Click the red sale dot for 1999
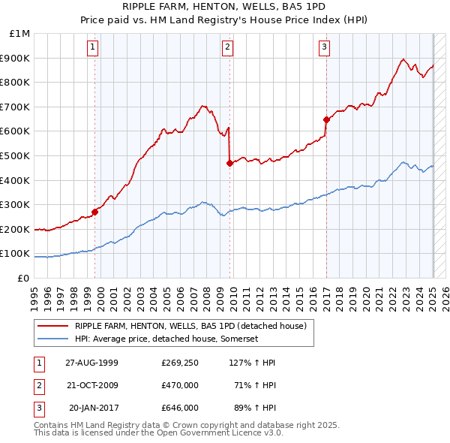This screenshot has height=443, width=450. click(x=95, y=212)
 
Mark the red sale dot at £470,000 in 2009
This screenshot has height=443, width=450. click(x=229, y=163)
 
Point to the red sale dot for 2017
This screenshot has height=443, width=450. click(x=326, y=119)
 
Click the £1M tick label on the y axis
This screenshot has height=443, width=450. click(x=20, y=34)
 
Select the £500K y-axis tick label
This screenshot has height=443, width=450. click(x=16, y=155)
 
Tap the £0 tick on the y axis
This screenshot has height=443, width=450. click(x=23, y=278)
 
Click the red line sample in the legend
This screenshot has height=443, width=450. click(x=52, y=326)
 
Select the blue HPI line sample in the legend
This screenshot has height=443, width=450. click(x=52, y=339)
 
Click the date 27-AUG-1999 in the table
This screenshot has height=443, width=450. click(x=91, y=362)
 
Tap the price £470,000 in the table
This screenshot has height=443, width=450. click(x=180, y=385)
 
